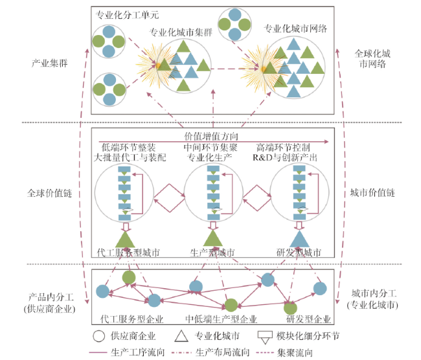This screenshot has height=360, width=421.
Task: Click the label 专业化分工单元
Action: pyautogui.click(x=127, y=15)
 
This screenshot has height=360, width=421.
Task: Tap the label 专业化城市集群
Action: pyautogui.click(x=181, y=32)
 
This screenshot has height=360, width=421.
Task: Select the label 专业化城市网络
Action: pyautogui.click(x=295, y=28)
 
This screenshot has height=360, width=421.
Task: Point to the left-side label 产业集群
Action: pyautogui.click(x=50, y=63)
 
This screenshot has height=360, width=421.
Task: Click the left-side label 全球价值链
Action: pyautogui.click(x=50, y=193)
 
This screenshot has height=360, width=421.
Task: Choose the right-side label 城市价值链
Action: pyautogui.click(x=372, y=193)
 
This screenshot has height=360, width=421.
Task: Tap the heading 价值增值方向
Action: pyautogui.click(x=211, y=136)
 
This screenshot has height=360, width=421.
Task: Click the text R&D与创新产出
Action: pyautogui.click(x=285, y=157)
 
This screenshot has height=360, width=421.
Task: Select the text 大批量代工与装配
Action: pyautogui.click(x=130, y=157)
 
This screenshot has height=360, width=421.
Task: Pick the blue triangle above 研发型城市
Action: pyautogui.click(x=300, y=239)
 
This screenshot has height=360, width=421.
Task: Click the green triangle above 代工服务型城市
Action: pyautogui.click(x=125, y=240)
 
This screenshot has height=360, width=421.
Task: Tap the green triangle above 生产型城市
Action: pyautogui.click(x=213, y=238)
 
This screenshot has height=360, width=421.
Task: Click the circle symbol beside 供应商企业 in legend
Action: pyautogui.click(x=98, y=336)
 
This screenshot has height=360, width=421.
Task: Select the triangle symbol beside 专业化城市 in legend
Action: pyautogui.click(x=181, y=336)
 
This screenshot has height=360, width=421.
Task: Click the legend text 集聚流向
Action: pyautogui.click(x=295, y=352)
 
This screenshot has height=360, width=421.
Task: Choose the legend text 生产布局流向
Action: pyautogui.click(x=223, y=352)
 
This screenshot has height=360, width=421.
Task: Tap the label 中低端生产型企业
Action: pyautogui.click(x=222, y=319)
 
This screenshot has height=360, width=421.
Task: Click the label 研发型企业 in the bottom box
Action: pyautogui.click(x=308, y=319)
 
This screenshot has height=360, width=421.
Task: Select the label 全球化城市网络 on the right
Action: pyautogui.click(x=372, y=59)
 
